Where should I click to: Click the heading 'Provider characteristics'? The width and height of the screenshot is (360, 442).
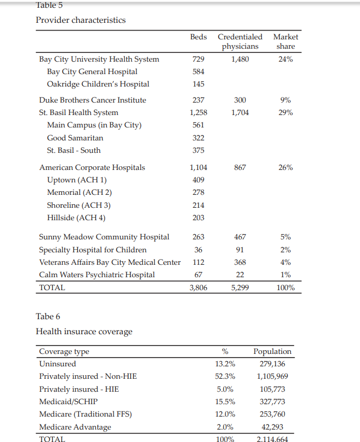[80, 20]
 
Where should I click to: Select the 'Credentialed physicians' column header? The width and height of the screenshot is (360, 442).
[240, 41]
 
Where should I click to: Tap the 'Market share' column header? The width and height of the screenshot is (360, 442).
[285, 41]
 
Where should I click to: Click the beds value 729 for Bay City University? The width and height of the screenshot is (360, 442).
[198, 59]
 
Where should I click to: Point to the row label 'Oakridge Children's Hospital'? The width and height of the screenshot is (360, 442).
[98, 84]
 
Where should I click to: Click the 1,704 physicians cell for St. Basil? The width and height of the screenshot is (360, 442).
[240, 112]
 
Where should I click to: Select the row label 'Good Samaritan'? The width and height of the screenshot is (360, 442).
[75, 138]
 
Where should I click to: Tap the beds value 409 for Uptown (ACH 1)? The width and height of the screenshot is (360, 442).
[198, 180]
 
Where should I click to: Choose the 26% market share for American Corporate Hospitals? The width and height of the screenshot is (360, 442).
[285, 167]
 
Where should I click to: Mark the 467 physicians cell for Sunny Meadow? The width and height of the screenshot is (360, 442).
[240, 237]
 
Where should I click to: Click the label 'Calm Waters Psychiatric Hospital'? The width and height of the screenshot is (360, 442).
[97, 275]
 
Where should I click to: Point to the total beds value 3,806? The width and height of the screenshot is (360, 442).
[198, 288]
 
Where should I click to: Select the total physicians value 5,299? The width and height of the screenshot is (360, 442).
[240, 288]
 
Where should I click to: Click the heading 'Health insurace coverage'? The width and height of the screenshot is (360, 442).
[84, 332]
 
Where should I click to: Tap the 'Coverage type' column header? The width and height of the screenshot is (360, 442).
[64, 351]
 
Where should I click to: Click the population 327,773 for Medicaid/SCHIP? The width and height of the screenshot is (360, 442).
[272, 402]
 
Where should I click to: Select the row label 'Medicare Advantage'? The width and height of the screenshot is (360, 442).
[75, 427]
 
